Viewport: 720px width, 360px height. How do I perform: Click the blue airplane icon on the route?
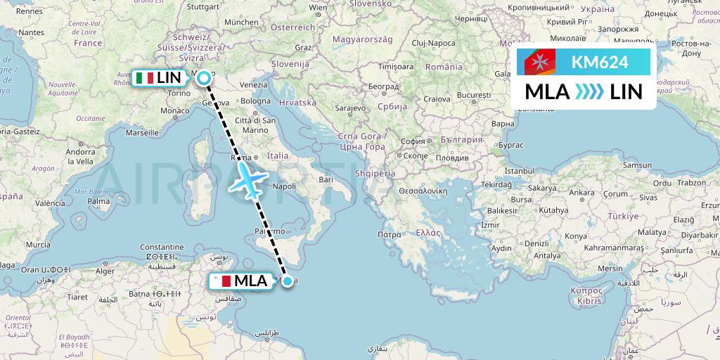click(246, 178)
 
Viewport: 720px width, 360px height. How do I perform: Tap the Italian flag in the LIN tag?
click(145, 78)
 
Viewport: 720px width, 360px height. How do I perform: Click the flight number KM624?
click(600, 62)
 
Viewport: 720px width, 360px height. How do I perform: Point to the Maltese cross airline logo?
click(540, 63)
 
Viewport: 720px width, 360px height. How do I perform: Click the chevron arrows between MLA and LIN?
click(589, 92)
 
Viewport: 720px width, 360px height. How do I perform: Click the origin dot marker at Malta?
click(287, 281)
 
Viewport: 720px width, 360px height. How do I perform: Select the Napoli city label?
click(283, 186)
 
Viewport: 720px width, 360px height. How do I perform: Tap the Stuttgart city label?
click(204, 6)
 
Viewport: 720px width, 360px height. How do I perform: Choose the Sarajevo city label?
click(350, 108)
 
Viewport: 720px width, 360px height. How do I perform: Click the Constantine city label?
click(162, 247)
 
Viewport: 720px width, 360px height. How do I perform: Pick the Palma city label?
click(99, 201)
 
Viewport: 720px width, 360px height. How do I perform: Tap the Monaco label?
click(174, 110)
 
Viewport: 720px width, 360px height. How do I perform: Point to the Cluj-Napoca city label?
click(434, 43)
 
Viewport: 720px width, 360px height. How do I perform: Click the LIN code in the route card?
click(626, 92)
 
